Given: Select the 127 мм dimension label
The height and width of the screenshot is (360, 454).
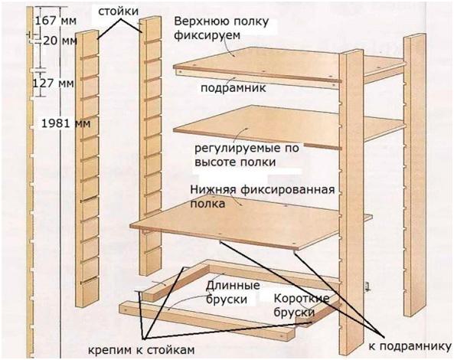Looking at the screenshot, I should pos(57,81).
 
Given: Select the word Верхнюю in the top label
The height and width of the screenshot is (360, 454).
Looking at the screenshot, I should pos(200,20).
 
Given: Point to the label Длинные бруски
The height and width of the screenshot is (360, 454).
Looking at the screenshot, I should pos(229,293).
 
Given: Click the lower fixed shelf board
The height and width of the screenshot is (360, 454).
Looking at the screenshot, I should pos(245,222).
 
